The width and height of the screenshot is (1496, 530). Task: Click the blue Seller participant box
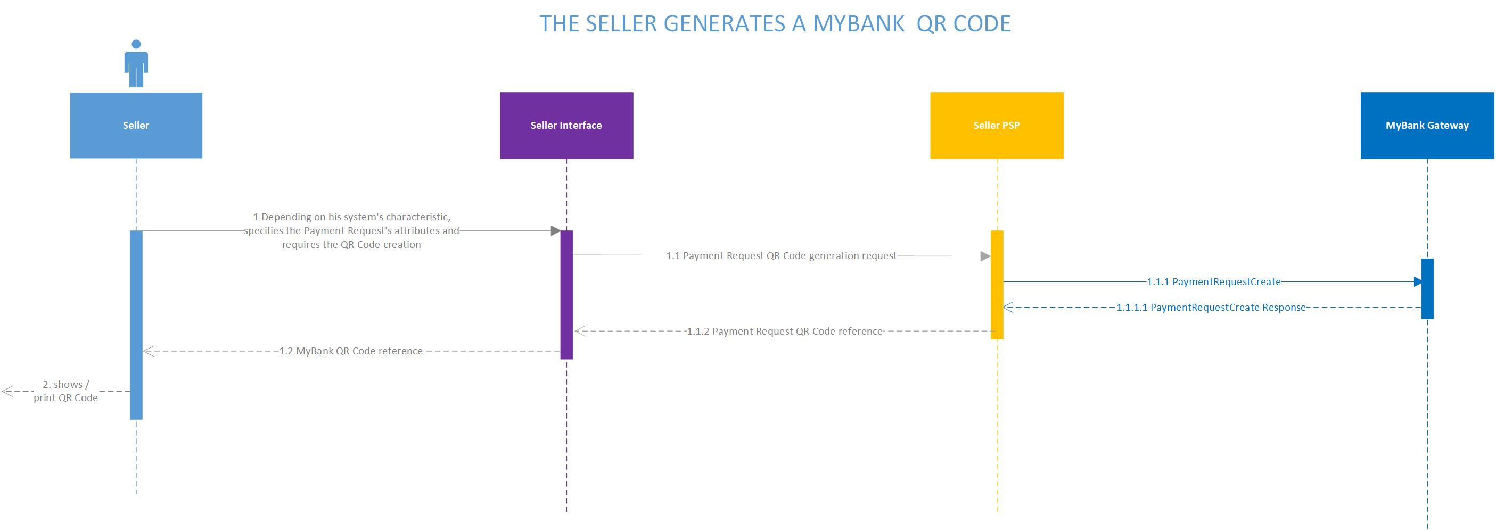coord(136,126)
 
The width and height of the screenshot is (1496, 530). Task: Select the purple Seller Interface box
coord(566,126)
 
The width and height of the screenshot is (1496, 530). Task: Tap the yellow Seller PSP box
coord(997,126)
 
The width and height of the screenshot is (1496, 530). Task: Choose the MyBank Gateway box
coord(1427,126)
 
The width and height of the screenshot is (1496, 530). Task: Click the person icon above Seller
coord(136,63)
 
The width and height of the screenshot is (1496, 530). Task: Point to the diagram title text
coord(775,24)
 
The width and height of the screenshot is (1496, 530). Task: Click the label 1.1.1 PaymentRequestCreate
coord(1214,282)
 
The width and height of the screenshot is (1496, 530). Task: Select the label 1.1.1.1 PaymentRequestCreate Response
coord(1211,308)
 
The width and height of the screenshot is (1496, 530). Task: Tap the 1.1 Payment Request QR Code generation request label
coord(781,256)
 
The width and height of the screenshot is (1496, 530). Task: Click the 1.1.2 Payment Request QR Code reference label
coord(785,332)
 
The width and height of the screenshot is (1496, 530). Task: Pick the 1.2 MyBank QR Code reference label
coord(351,351)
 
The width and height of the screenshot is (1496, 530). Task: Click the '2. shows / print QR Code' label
coord(65,391)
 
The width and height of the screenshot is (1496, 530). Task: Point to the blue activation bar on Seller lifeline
coord(136,325)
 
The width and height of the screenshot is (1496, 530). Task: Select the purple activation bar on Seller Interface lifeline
coord(566,295)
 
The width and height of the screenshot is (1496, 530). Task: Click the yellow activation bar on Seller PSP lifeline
coord(997,285)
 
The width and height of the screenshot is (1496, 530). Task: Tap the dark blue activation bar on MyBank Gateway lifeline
coord(1427,288)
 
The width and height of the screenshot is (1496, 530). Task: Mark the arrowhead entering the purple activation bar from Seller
coord(555,231)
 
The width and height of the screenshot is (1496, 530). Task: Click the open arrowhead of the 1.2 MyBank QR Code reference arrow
coord(149,351)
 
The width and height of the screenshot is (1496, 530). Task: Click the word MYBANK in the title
coord(858,24)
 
